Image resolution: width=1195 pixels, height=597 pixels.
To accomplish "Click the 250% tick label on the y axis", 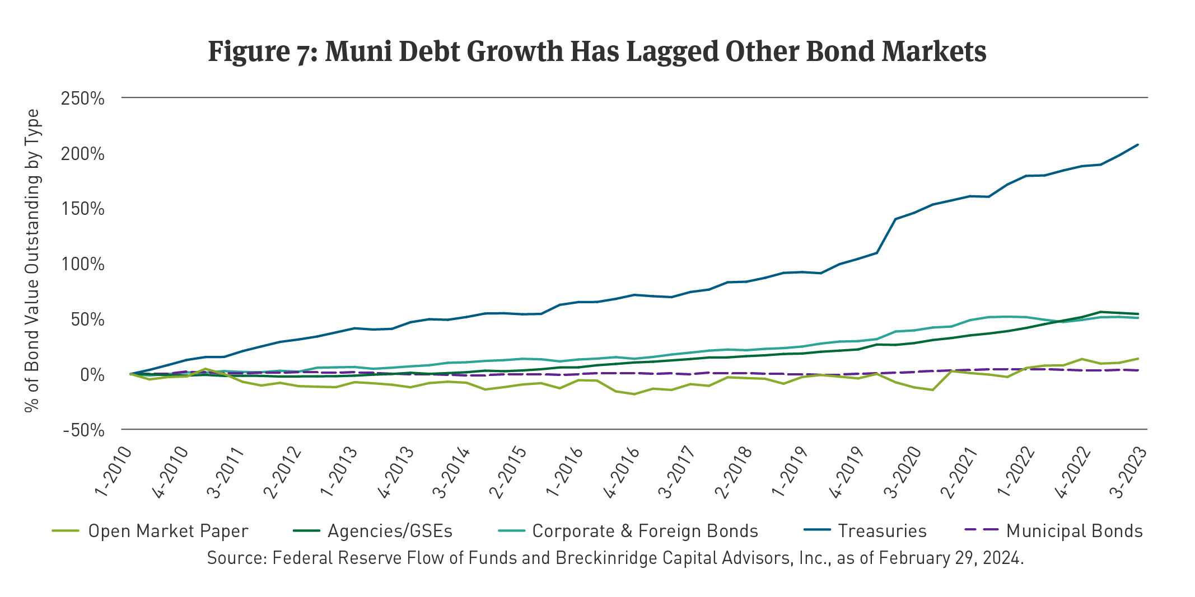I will click(82, 98).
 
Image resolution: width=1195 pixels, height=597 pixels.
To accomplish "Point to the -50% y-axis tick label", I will click(83, 430).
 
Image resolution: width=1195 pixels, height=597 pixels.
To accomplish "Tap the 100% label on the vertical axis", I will click(82, 264).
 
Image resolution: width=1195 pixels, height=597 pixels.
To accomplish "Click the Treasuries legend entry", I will click(882, 531).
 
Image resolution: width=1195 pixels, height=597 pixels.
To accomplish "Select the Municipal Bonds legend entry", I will click(1074, 531).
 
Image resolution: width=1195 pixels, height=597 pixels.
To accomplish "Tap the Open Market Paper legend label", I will click(168, 531).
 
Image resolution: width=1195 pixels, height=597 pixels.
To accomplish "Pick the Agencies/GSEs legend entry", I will click(390, 531).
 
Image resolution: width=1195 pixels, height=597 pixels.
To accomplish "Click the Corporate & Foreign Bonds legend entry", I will click(645, 531).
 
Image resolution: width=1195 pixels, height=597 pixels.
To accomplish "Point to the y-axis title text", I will click(32, 261).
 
